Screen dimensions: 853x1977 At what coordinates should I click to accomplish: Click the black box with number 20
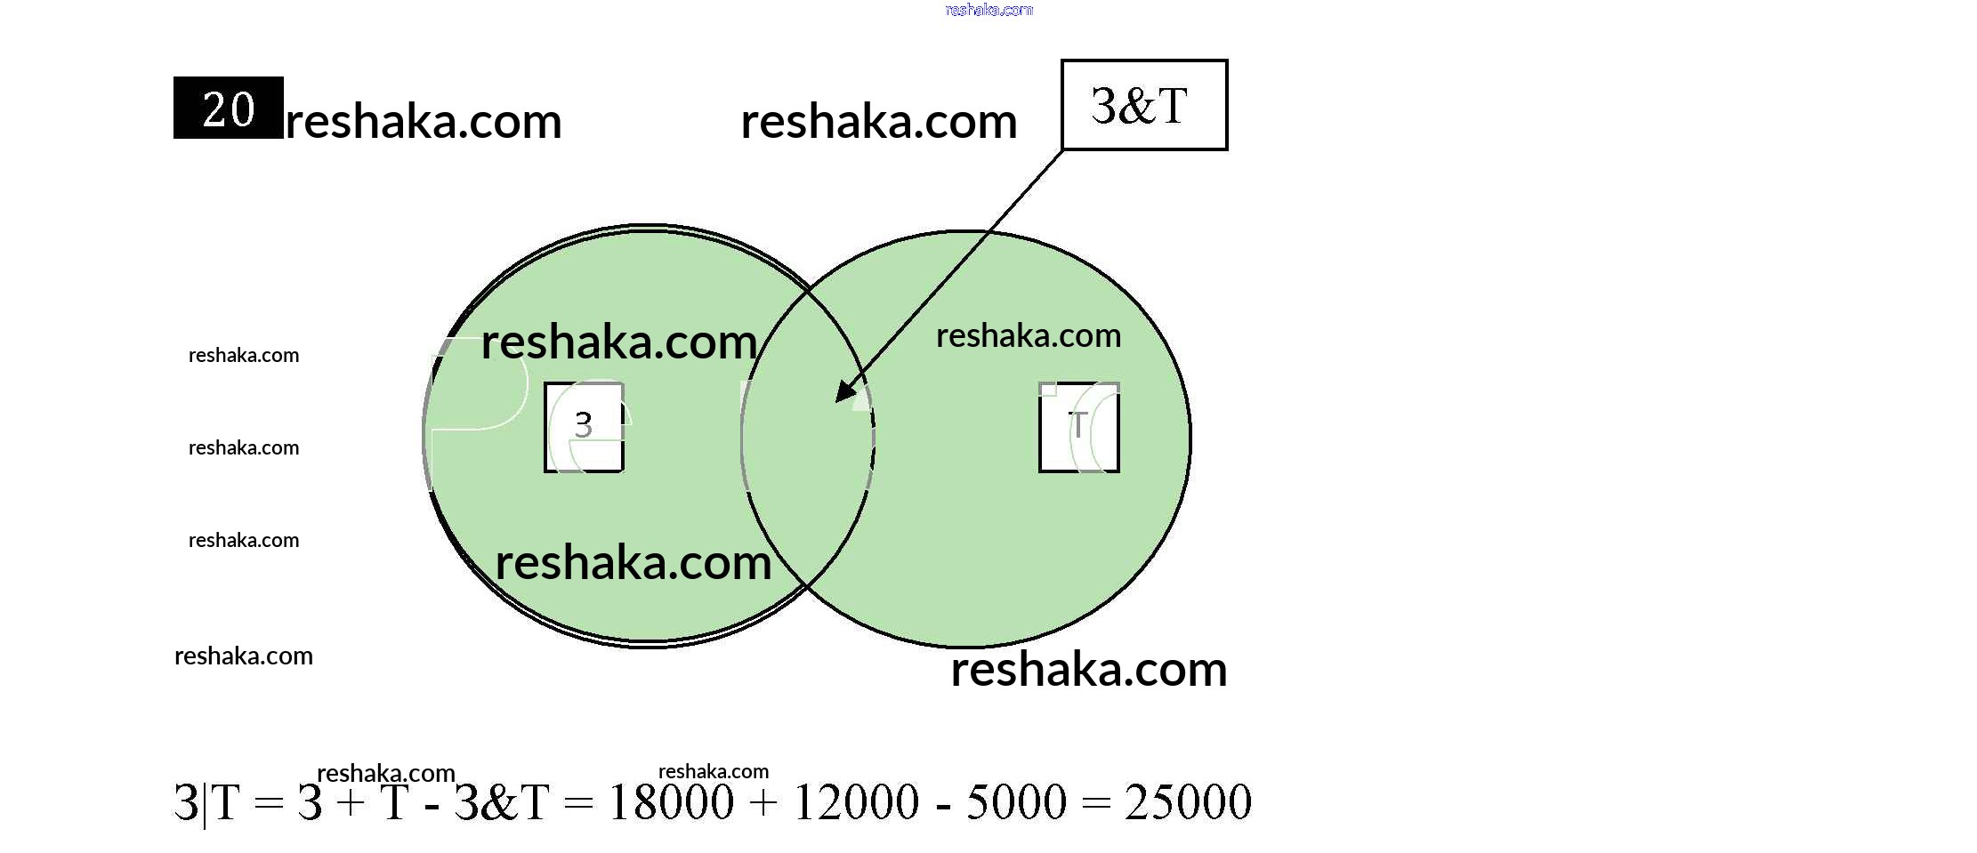pyautogui.click(x=228, y=108)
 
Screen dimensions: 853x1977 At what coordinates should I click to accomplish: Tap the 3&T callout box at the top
pyautogui.click(x=1143, y=105)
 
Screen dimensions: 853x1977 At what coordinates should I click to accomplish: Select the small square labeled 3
pyautogui.click(x=584, y=427)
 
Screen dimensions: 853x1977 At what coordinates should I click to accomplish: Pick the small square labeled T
pyautogui.click(x=1078, y=427)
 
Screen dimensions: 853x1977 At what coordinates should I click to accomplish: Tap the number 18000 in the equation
pyautogui.click(x=671, y=802)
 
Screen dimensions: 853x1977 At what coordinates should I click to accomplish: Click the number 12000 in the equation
pyautogui.click(x=855, y=802)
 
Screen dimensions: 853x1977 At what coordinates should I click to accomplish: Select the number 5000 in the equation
pyautogui.click(x=1015, y=802)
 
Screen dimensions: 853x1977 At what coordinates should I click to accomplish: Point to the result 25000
pyautogui.click(x=1188, y=802)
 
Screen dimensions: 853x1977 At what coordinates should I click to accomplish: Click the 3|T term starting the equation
pyautogui.click(x=206, y=802)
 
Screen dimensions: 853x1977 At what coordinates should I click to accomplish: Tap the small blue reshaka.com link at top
pyautogui.click(x=988, y=10)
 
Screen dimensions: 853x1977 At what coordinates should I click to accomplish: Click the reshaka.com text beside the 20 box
pyautogui.click(x=424, y=121)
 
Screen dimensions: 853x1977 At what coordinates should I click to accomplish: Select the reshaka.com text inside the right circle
pyautogui.click(x=1029, y=336)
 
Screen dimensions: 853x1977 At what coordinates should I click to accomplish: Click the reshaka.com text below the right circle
pyautogui.click(x=1089, y=669)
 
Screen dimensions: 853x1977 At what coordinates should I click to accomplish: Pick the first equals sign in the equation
pyautogui.click(x=269, y=804)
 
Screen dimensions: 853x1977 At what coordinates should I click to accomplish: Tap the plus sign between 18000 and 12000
pyautogui.click(x=763, y=804)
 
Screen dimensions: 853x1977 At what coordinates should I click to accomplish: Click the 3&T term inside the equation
pyautogui.click(x=502, y=802)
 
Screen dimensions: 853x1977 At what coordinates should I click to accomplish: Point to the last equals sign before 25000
pyautogui.click(x=1097, y=804)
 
